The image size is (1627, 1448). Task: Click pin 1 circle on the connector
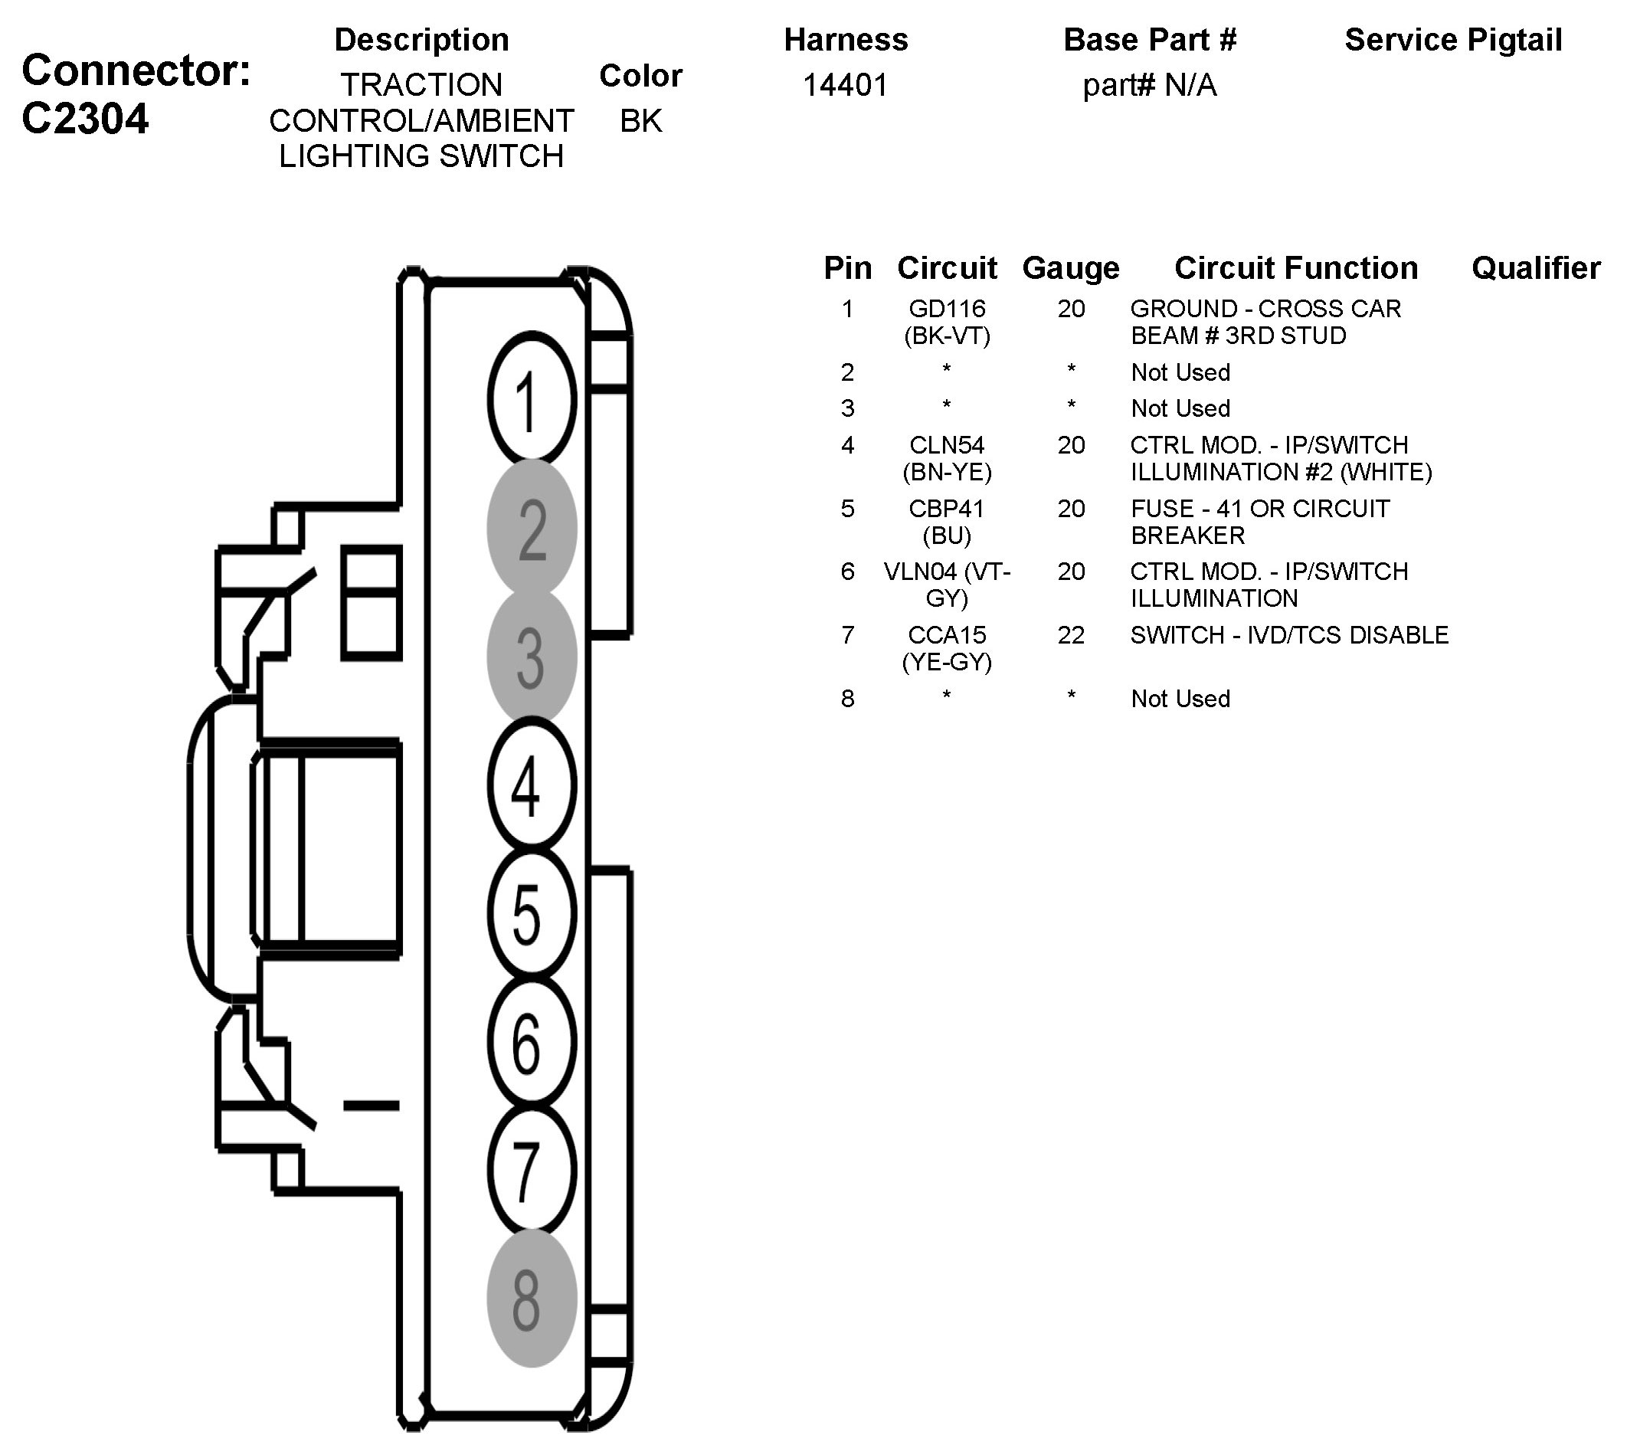point(531,401)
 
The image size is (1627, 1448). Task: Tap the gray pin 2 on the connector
point(531,529)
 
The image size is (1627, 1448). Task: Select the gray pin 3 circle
point(531,657)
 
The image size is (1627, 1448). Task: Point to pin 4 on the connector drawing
point(531,785)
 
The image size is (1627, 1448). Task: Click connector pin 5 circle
point(531,913)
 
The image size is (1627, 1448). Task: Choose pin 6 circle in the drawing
point(531,1041)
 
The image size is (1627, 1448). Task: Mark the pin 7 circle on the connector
point(531,1169)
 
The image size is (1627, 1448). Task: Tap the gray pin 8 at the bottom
point(531,1299)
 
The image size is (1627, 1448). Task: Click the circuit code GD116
point(947,309)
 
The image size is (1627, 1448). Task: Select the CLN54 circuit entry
point(947,445)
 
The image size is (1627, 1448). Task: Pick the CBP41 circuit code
point(947,509)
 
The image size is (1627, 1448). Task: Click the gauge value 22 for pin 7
point(1071,635)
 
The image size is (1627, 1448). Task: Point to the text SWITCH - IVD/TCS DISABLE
point(1288,635)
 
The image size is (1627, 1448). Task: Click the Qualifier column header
point(1535,268)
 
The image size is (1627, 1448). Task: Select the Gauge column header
point(1071,268)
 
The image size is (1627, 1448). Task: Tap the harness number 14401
point(846,85)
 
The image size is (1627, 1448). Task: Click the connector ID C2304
point(85,120)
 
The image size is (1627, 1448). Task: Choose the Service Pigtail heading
point(1452,40)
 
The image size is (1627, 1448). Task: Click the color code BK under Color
point(641,121)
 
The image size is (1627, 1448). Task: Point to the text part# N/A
point(1150,85)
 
